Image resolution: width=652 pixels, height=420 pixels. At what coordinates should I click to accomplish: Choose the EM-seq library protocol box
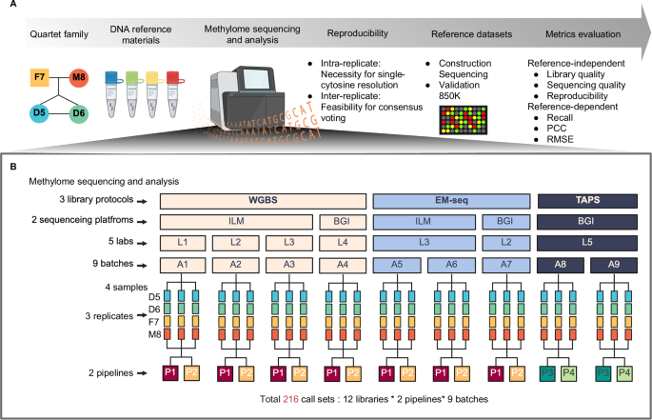coord(450,202)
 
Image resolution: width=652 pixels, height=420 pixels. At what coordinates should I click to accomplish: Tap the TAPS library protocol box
coord(585,202)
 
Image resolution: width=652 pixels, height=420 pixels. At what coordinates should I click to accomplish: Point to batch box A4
coord(341,264)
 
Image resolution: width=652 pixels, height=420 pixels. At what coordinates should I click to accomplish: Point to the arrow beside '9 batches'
coord(142,264)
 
